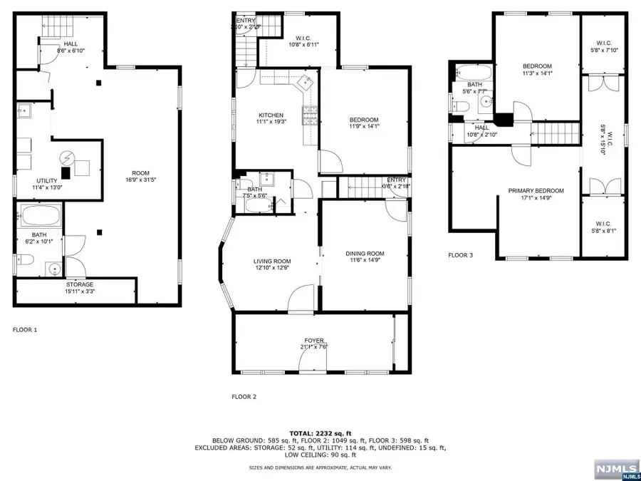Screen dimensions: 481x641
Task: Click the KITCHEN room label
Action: click(x=271, y=115)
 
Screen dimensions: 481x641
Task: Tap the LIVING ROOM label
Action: click(x=271, y=262)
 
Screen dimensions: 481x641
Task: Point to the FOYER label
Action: click(x=314, y=341)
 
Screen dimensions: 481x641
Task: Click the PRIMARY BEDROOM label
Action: click(x=536, y=191)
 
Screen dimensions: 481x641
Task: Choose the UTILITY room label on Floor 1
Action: click(x=47, y=181)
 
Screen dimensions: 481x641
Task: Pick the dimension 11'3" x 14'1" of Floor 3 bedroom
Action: click(x=537, y=73)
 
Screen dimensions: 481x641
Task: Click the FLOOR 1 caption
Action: click(x=25, y=330)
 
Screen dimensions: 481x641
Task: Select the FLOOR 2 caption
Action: click(x=244, y=396)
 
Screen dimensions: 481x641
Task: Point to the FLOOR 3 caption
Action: click(x=459, y=254)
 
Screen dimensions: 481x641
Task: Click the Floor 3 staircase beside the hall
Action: click(x=555, y=132)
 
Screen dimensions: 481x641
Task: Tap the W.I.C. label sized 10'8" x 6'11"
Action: click(x=303, y=41)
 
